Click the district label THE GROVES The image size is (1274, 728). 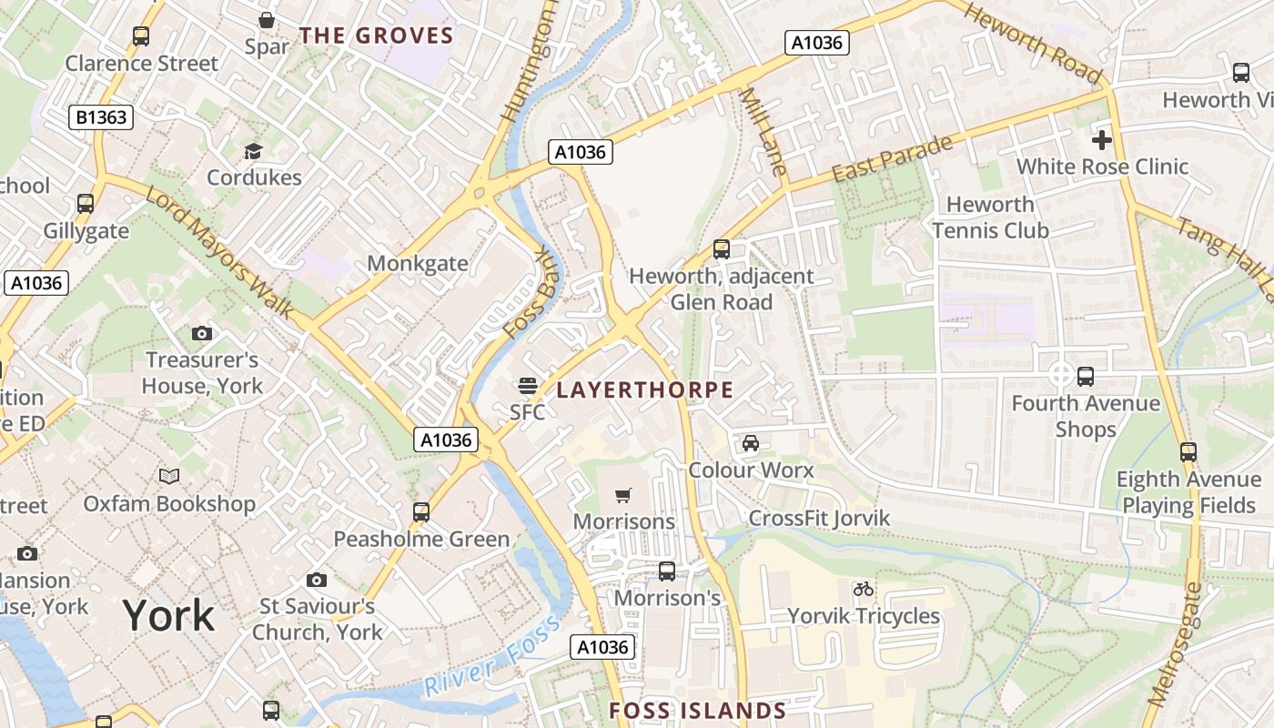[377, 35]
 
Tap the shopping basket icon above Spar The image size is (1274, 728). [267, 19]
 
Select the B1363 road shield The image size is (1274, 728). [101, 116]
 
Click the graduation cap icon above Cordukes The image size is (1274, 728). [253, 151]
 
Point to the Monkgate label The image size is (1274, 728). [418, 264]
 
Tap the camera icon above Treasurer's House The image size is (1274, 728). [202, 334]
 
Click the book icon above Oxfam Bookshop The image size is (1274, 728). [169, 476]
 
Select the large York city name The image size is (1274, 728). [168, 616]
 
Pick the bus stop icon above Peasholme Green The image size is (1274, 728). [420, 512]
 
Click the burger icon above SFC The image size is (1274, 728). [527, 386]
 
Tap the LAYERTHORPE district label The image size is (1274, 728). [644, 390]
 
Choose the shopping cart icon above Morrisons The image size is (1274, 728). [623, 496]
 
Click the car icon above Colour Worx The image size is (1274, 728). [751, 443]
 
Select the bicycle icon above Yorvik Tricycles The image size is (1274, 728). [863, 590]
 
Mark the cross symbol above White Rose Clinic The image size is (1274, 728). [1102, 140]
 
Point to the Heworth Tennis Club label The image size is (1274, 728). [990, 217]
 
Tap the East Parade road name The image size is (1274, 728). [892, 159]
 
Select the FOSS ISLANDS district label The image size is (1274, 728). [697, 711]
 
